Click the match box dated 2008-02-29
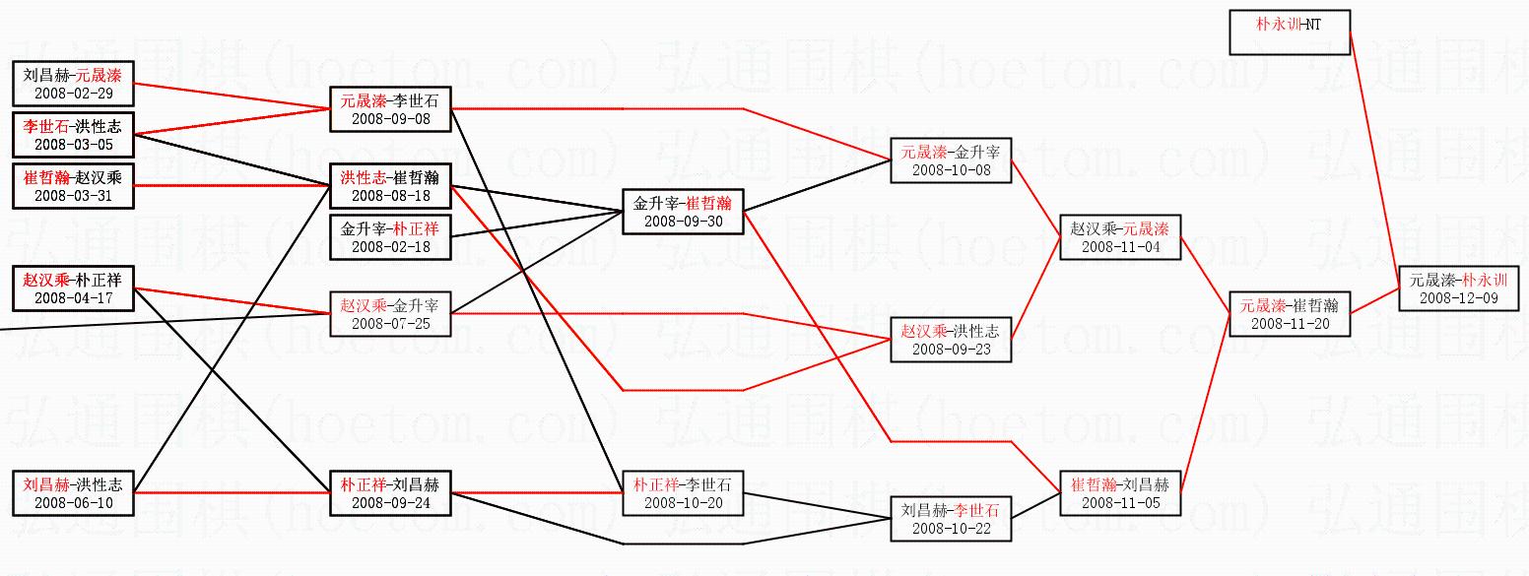[x=73, y=84]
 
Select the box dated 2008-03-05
[x=73, y=135]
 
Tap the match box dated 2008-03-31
[x=73, y=186]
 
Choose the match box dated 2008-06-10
[x=73, y=493]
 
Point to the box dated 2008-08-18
[x=390, y=186]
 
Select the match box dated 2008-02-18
[x=390, y=237]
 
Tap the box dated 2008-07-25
[x=390, y=314]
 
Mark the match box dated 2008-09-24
[x=390, y=493]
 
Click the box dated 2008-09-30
[x=683, y=212]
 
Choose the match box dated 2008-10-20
[x=683, y=493]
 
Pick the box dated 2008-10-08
[x=951, y=160]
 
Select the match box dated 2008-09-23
[x=951, y=340]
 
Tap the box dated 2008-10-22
[x=951, y=519]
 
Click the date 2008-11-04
[x=1120, y=248]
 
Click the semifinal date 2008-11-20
[x=1290, y=324]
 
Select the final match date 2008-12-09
[x=1459, y=298]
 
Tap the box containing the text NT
[x=1289, y=32]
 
